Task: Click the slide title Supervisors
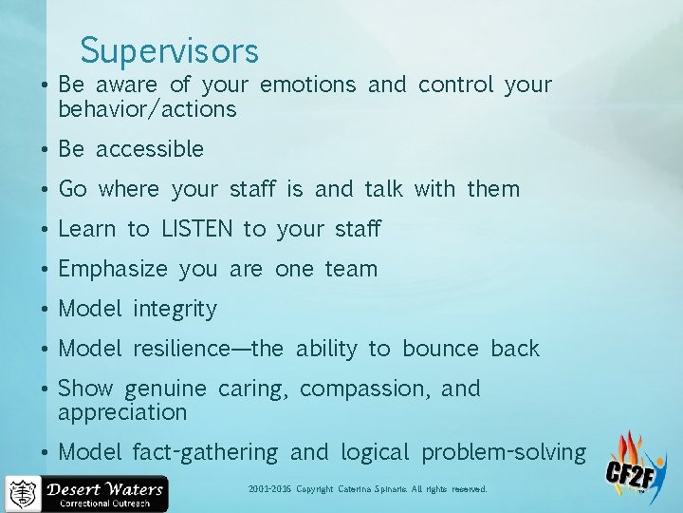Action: click(169, 49)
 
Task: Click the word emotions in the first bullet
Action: click(307, 85)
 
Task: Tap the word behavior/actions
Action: click(147, 109)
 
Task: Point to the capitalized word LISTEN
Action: click(196, 229)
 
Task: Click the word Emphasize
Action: click(112, 269)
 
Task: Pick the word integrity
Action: click(175, 310)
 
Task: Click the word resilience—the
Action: click(208, 349)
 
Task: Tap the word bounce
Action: click(440, 349)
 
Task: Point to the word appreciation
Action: click(122, 412)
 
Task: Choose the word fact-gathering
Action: click(205, 452)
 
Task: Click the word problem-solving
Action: click(504, 452)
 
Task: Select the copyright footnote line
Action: click(367, 489)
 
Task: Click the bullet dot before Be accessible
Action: click(45, 150)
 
